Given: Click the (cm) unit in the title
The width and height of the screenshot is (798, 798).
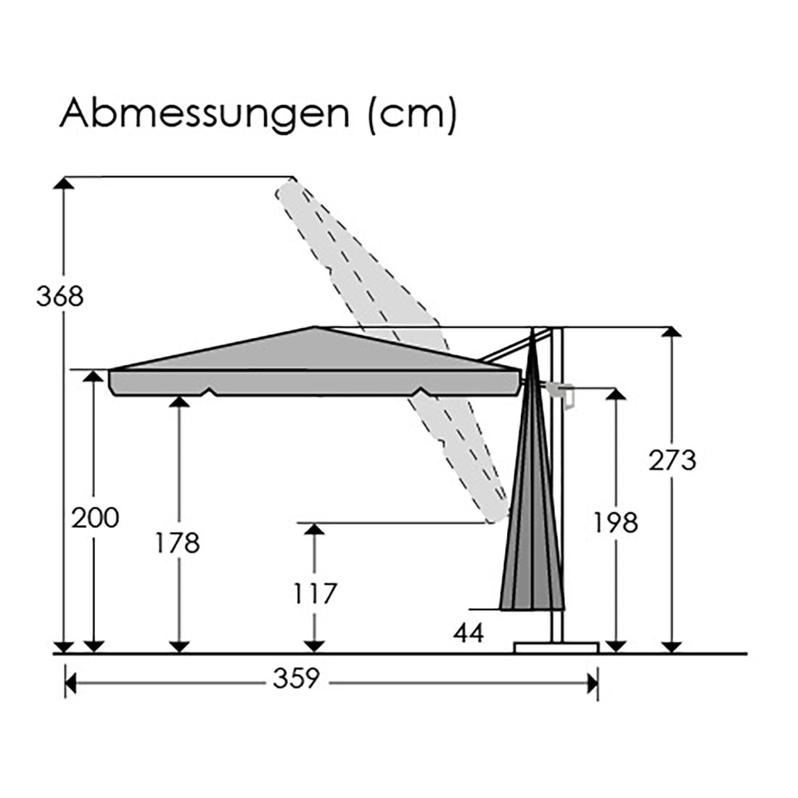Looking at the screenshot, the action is tap(412, 115).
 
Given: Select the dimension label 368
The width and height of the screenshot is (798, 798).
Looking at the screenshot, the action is tap(60, 296).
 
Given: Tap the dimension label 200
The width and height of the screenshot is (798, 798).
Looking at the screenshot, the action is tap(95, 518).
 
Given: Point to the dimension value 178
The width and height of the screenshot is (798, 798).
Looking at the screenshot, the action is tap(178, 543).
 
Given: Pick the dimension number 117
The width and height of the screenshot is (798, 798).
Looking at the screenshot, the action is tap(316, 593).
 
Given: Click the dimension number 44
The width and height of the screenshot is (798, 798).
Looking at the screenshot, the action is tap(469, 633).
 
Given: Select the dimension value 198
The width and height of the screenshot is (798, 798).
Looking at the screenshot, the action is tap(616, 523).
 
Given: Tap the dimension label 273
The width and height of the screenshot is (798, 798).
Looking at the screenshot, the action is tap(672, 461).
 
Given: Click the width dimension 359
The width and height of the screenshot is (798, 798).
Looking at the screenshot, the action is tap(296, 678).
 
